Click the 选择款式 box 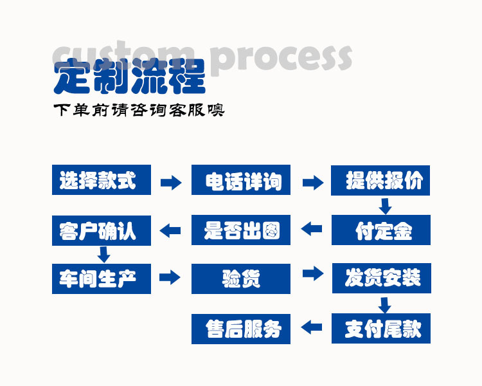(101, 180)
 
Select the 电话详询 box (241, 180)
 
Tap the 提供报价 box (381, 180)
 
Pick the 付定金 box (381, 230)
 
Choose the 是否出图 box (241, 230)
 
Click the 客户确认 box (101, 230)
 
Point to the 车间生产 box (101, 279)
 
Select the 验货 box (241, 279)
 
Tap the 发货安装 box (381, 279)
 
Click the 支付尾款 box (381, 328)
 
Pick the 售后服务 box (241, 328)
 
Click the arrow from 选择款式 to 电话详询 (171, 183)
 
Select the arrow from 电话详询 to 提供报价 (312, 183)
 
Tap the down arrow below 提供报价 (385, 207)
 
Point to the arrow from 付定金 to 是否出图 (312, 228)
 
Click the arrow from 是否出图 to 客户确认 (170, 230)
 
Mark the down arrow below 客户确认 (102, 253)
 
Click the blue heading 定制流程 (129, 77)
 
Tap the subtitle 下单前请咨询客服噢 (138, 110)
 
